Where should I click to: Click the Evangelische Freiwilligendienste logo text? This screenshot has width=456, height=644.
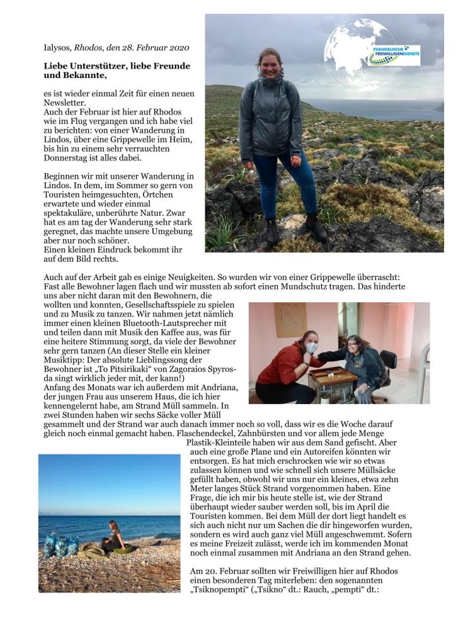pyautogui.click(x=394, y=55)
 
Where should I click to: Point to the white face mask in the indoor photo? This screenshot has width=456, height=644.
pyautogui.click(x=311, y=347)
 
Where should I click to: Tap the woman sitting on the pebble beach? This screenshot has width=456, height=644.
pyautogui.click(x=115, y=536)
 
